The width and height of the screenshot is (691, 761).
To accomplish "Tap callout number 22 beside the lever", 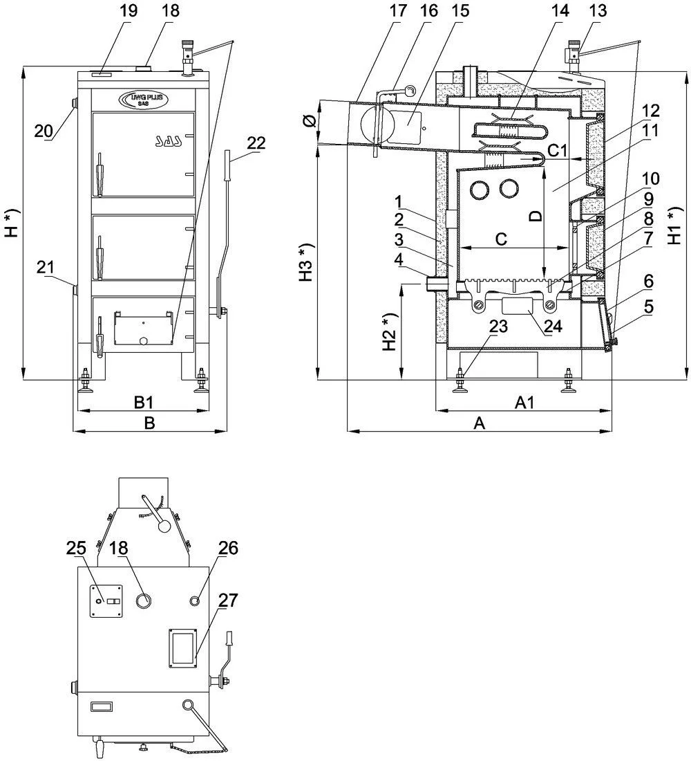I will tap(256, 142).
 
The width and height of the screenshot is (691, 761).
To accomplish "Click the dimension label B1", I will tap(143, 401).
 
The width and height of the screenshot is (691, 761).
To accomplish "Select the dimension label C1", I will tap(557, 149).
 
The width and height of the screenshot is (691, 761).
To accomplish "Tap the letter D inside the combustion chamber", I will tap(535, 216).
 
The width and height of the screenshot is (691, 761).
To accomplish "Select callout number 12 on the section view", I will tap(650, 111).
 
